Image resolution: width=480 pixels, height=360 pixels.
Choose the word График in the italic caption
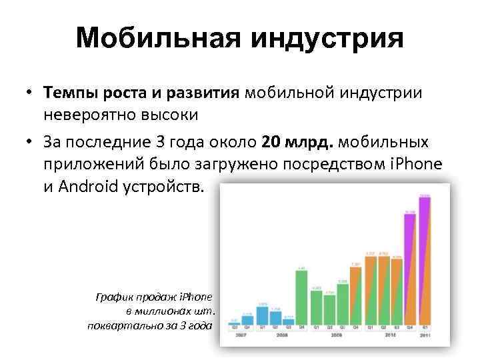[117, 297]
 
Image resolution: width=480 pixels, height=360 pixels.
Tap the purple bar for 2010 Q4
[410, 268]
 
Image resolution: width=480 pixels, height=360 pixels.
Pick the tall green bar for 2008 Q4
[301, 296]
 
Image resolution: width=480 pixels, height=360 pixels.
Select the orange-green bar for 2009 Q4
[355, 293]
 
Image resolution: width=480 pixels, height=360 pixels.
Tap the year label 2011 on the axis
[424, 337]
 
